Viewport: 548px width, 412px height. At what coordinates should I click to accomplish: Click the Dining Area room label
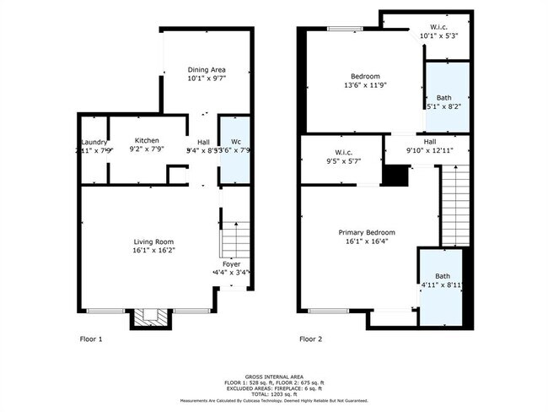[207, 69]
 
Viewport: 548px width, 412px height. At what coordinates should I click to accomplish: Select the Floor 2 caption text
[311, 339]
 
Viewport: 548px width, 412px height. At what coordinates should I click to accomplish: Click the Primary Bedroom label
[367, 232]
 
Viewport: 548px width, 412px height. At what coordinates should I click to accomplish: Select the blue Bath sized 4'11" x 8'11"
[443, 283]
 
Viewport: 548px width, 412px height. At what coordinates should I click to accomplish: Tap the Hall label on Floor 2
[430, 142]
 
